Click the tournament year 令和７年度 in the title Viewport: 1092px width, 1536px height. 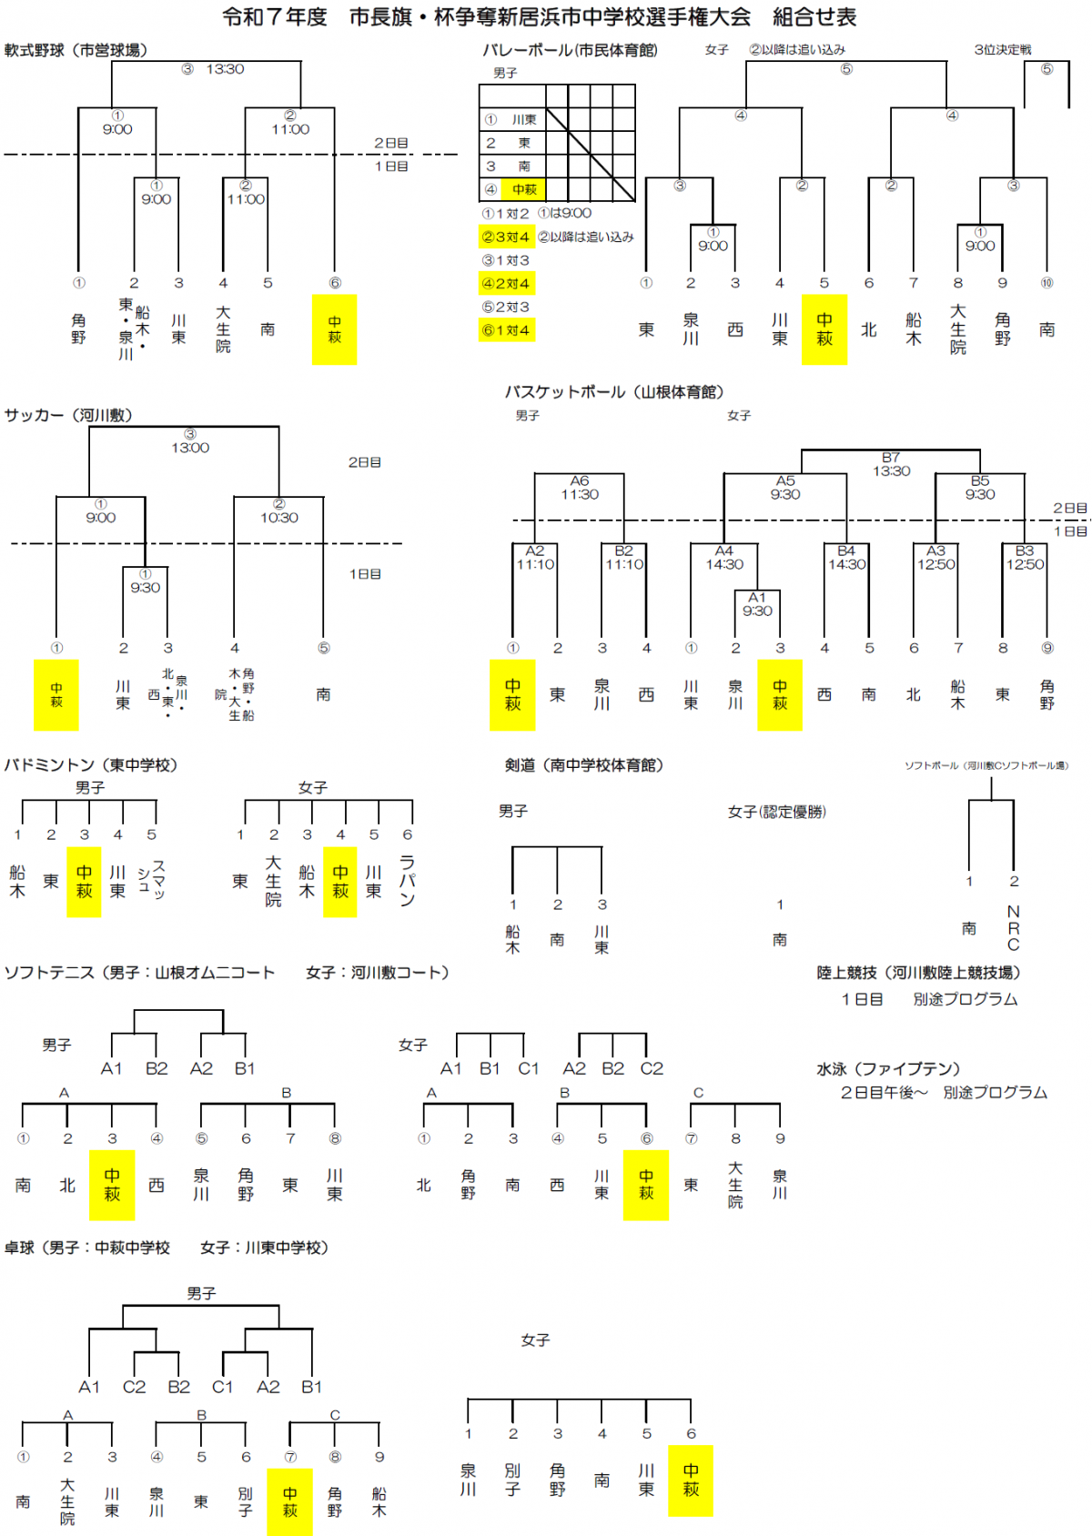tap(274, 17)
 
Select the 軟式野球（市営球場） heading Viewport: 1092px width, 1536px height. tap(76, 50)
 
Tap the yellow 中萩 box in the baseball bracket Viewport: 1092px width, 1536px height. tap(334, 329)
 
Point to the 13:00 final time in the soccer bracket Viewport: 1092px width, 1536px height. tap(190, 448)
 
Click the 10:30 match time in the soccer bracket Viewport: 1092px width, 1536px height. tap(278, 518)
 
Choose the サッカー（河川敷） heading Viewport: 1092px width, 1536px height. tap(68, 415)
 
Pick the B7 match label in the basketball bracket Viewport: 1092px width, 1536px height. tap(891, 458)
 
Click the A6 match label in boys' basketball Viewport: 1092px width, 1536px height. tap(580, 480)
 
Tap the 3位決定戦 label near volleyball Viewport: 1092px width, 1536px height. tap(1002, 50)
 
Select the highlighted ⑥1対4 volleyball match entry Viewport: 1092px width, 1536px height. tap(506, 329)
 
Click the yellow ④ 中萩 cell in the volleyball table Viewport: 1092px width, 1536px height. tap(523, 189)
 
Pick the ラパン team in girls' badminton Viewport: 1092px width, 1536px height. tap(407, 881)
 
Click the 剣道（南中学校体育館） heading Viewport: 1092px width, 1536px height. tap(584, 765)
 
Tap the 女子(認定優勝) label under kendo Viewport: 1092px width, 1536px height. tap(776, 812)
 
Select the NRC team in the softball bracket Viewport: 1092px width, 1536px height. tap(1013, 927)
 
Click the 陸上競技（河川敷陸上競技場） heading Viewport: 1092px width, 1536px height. tap(919, 973)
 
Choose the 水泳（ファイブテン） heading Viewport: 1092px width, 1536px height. tap(888, 1068)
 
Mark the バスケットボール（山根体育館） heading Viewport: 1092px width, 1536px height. tap(614, 392)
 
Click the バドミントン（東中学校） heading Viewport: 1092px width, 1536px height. tap(91, 765)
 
